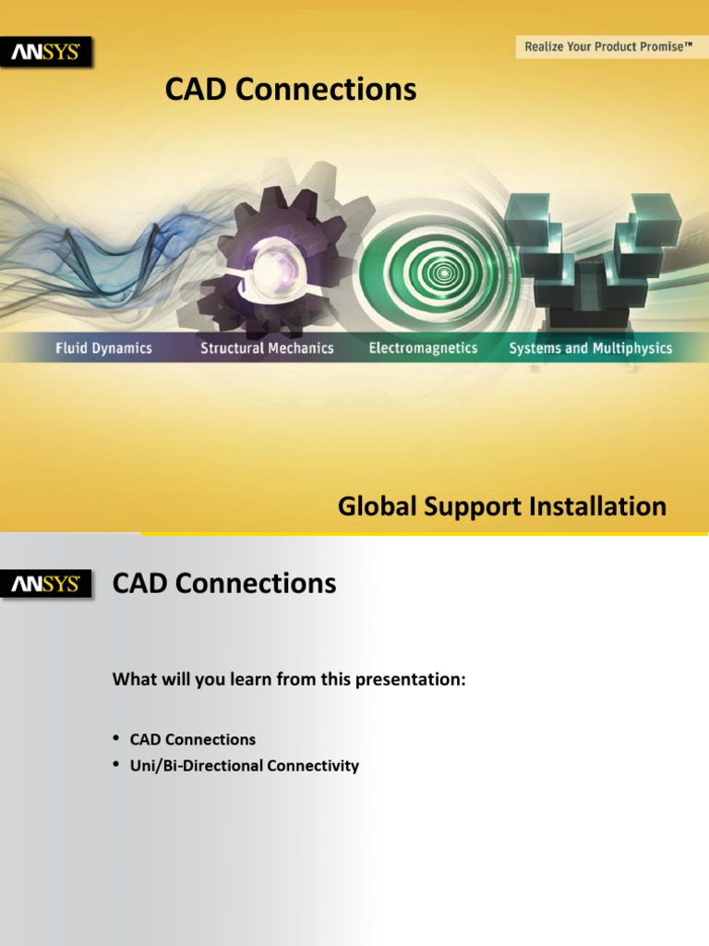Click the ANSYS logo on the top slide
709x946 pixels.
[46, 53]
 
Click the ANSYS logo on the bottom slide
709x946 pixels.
[46, 584]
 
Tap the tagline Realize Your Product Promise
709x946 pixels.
[608, 46]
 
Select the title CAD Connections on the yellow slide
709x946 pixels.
[290, 90]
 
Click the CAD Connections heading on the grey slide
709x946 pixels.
[224, 584]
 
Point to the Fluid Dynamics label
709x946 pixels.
[103, 348]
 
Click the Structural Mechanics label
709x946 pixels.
[267, 348]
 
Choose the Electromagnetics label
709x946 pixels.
[423, 348]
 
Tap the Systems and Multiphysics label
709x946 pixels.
[591, 348]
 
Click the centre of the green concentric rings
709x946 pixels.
[444, 273]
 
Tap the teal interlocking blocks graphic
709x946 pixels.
[591, 249]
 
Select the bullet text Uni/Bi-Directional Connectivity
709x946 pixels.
[244, 766]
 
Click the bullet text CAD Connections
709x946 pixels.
[192, 740]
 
